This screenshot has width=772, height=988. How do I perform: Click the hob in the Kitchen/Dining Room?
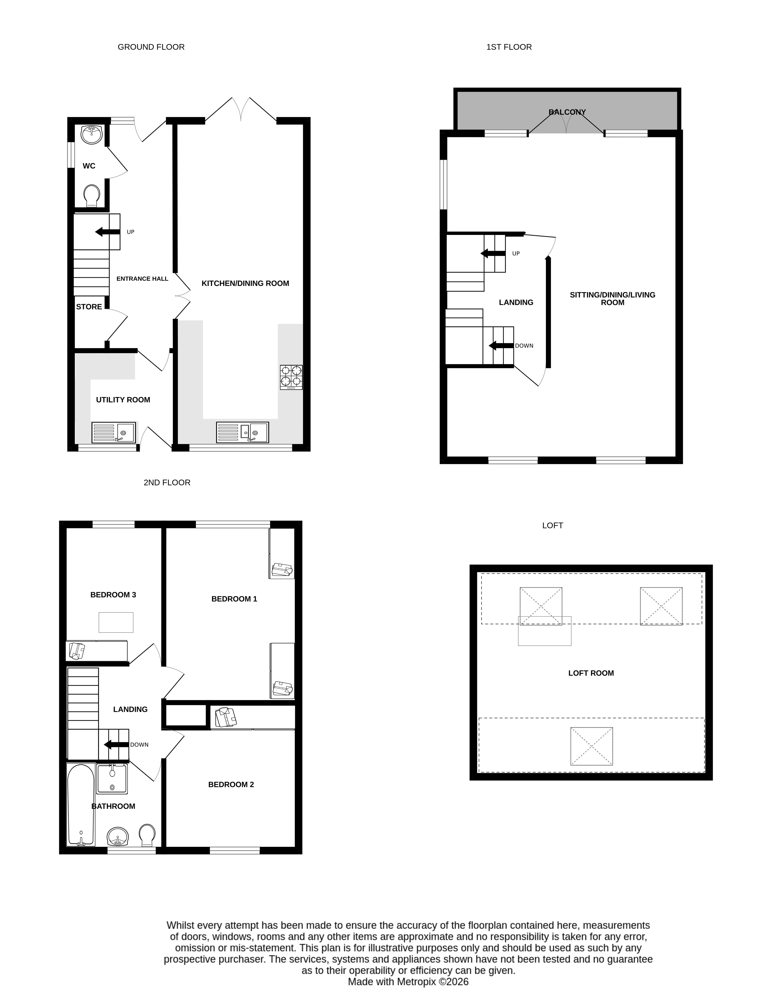[x=291, y=377]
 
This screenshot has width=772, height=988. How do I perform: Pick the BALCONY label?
[x=567, y=112]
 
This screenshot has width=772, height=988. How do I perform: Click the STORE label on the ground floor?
[x=89, y=307]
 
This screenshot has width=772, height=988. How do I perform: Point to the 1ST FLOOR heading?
[x=509, y=47]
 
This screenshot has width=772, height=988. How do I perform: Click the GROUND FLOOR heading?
[x=151, y=47]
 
